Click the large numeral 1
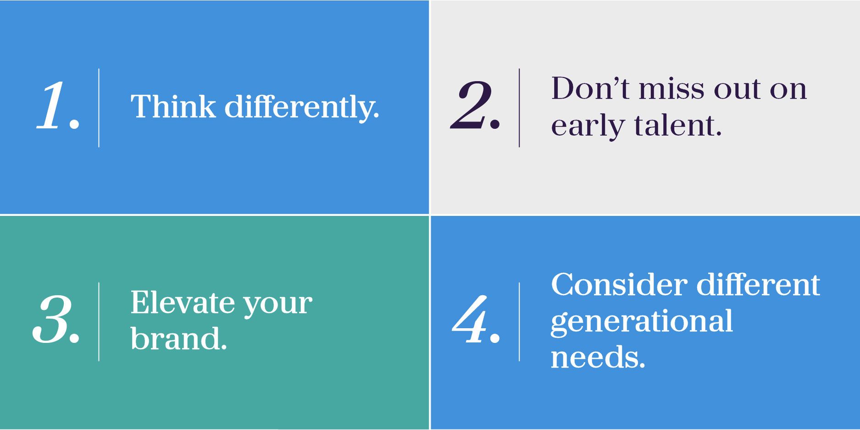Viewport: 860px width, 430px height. pos(53,105)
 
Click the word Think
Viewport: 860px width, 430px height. pos(173,106)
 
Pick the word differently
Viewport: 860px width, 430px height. pos(301,108)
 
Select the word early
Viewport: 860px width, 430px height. pos(588,127)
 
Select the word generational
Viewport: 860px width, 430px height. pos(642,322)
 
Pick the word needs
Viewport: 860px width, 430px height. pos(598,357)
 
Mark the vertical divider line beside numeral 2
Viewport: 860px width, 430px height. pos(519,108)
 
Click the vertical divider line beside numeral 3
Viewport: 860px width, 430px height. pos(99,322)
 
